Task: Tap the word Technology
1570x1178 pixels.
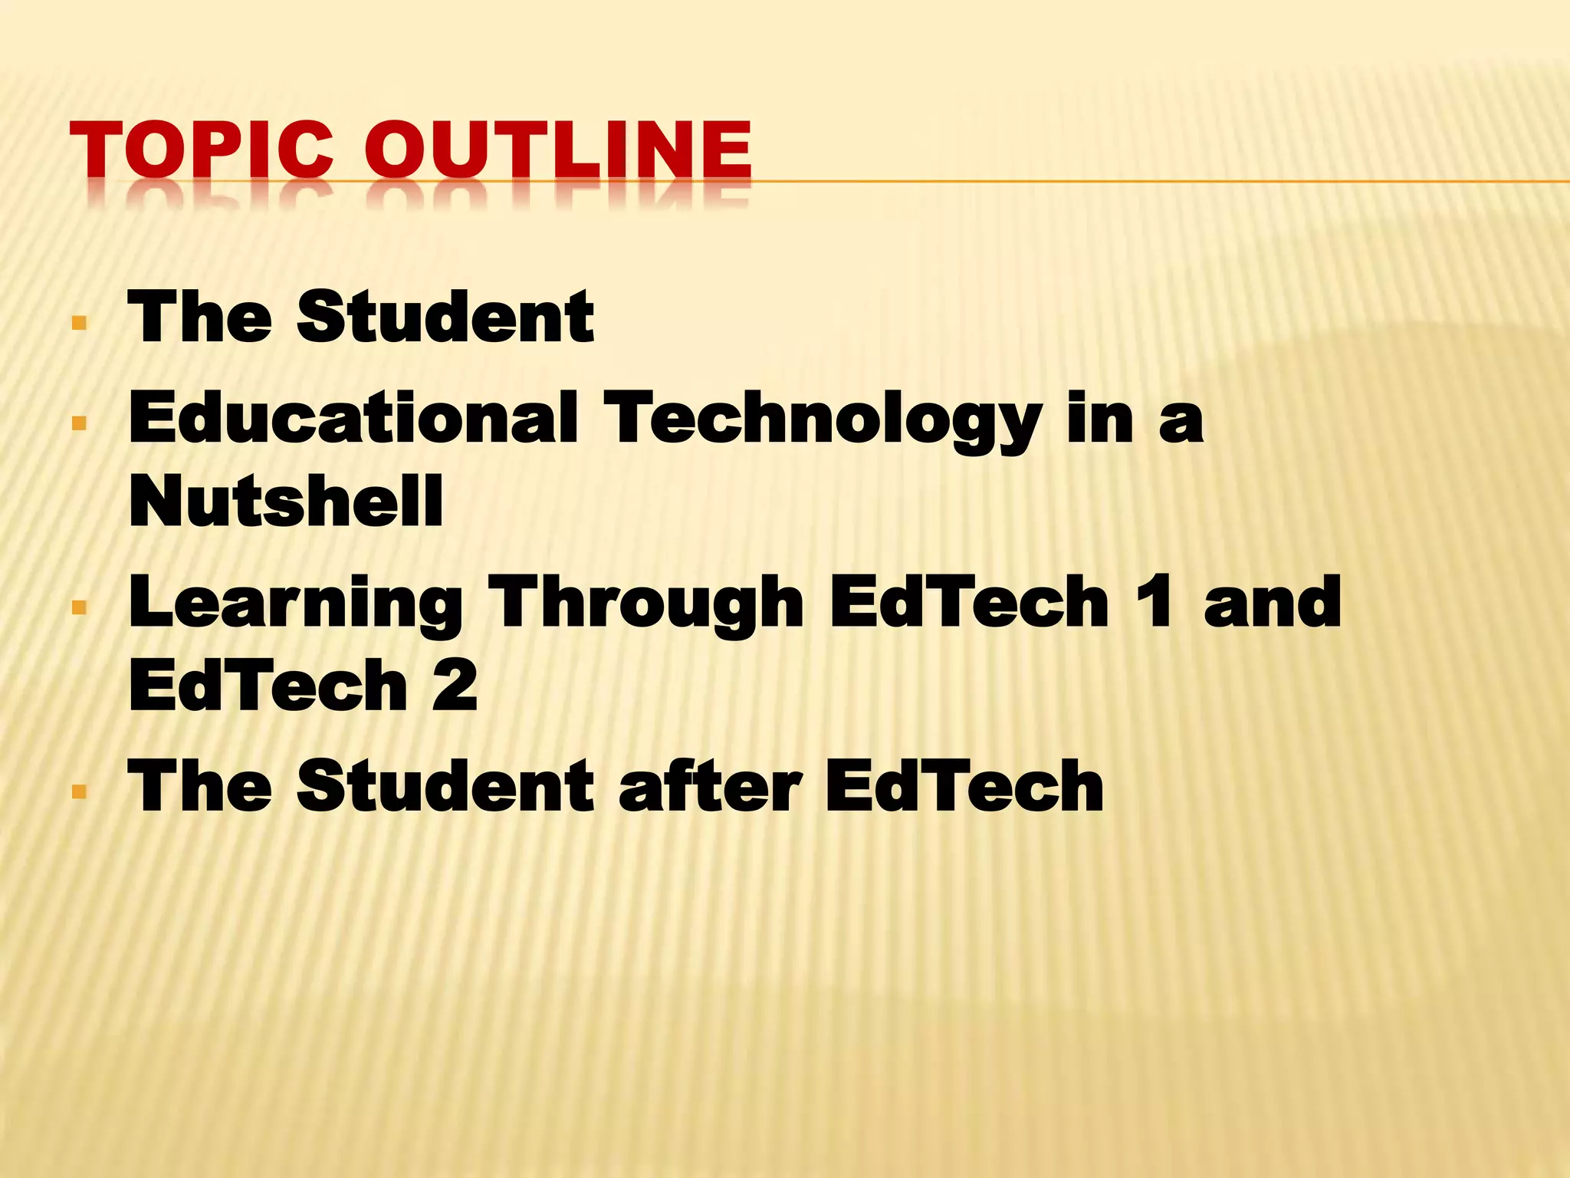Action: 823,420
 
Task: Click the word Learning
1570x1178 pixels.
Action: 296,604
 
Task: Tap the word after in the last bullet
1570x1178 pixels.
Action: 710,787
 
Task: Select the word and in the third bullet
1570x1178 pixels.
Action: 1273,603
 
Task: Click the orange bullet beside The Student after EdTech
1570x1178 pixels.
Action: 79,791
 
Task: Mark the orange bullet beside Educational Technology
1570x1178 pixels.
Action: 79,422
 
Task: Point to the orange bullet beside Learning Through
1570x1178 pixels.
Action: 79,608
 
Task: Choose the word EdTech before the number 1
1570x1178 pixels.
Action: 969,603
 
